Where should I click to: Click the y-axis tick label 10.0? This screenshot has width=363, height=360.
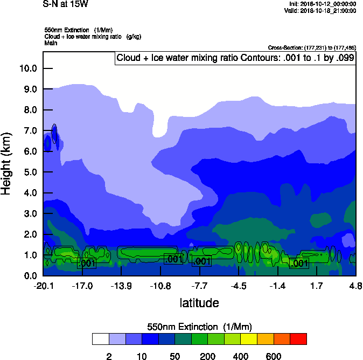(x=28, y=68)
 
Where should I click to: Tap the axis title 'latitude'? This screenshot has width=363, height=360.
(x=199, y=303)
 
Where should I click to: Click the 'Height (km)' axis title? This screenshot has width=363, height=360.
(x=7, y=163)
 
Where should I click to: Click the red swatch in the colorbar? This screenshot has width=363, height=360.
(x=298, y=339)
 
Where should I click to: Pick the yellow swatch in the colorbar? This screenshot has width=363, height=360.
(x=249, y=339)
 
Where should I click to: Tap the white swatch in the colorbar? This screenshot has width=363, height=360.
(x=100, y=339)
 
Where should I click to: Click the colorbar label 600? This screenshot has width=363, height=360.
(x=274, y=356)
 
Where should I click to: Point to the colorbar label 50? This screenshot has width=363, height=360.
(x=174, y=356)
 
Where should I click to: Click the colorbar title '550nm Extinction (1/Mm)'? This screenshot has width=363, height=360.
(x=199, y=327)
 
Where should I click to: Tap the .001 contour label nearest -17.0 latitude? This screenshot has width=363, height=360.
(x=86, y=263)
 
